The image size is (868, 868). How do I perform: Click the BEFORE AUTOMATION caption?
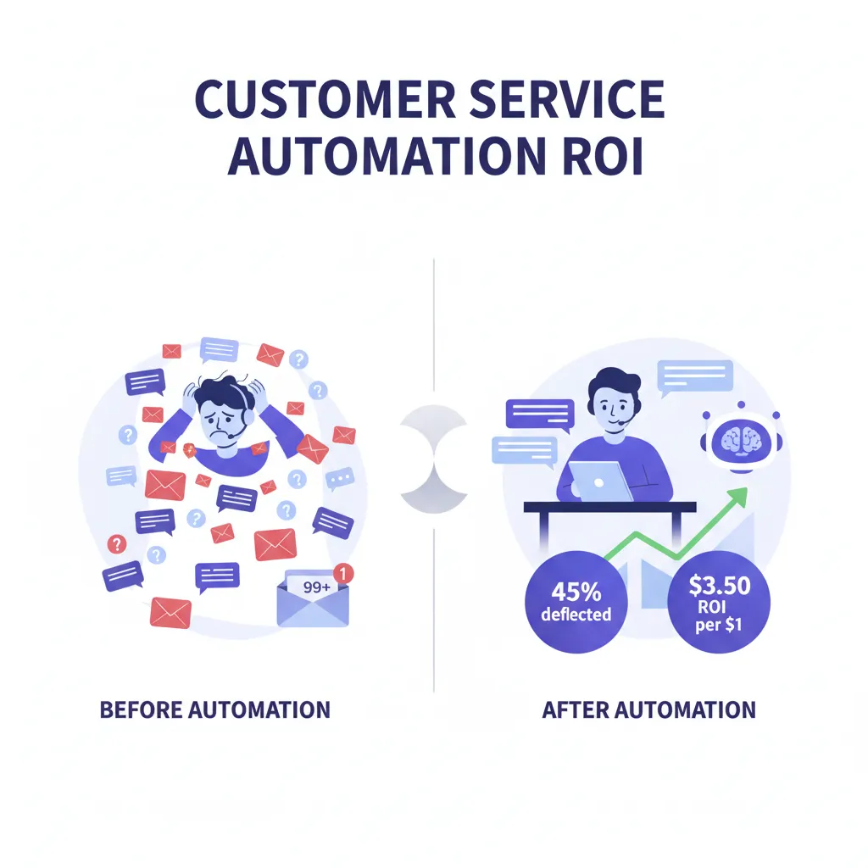[x=214, y=709]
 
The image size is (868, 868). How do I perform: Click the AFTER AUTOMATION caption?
[x=648, y=709]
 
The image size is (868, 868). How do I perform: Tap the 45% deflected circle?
[x=576, y=603]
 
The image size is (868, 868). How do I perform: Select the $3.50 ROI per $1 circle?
[x=719, y=603]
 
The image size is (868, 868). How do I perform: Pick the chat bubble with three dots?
[x=341, y=480]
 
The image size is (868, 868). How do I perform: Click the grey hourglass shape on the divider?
[x=433, y=459]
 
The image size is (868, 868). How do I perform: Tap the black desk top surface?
[x=609, y=507]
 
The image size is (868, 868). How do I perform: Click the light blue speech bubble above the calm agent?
[x=695, y=376]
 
